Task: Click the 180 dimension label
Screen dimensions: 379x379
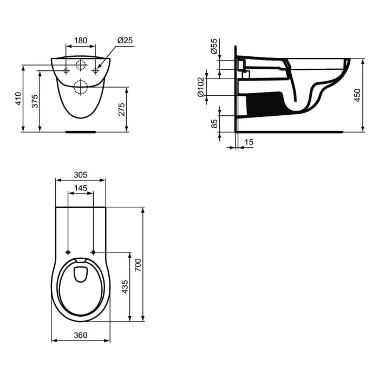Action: tap(81, 40)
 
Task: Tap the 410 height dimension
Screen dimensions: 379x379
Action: tap(18, 98)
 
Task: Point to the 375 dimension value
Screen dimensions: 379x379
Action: tap(35, 101)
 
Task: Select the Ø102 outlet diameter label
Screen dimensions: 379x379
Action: tap(201, 87)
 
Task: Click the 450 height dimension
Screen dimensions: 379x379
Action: tap(357, 95)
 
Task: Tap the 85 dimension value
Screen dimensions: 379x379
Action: tap(214, 123)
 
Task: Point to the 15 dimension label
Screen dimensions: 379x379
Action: tap(249, 142)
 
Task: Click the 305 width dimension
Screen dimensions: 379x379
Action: tap(80, 175)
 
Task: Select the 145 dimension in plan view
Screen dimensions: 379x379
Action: tap(80, 188)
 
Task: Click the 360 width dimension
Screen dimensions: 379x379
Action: tap(80, 335)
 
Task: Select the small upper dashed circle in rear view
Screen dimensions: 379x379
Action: tap(80, 66)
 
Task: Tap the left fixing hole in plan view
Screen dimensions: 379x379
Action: tap(68, 252)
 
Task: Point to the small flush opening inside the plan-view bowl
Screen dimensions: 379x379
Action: tap(81, 275)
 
